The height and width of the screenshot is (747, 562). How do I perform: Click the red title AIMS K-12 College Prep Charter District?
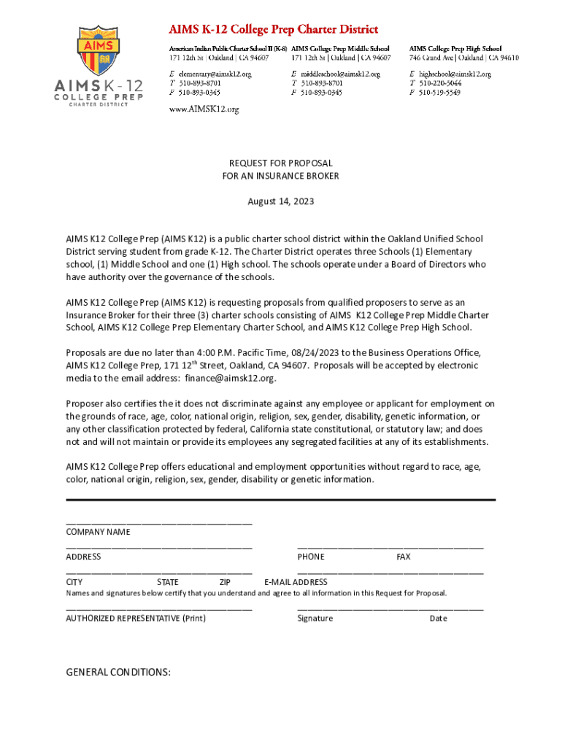[273, 30]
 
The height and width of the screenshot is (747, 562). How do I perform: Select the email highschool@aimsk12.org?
[454, 74]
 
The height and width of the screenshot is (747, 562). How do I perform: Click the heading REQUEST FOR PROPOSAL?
[280, 163]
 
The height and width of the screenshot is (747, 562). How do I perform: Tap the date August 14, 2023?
[280, 201]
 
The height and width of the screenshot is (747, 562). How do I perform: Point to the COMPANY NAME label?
[98, 532]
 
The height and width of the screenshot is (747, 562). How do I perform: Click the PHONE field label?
[311, 557]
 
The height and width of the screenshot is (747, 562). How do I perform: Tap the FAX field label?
[404, 557]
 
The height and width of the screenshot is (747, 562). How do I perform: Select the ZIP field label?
[225, 582]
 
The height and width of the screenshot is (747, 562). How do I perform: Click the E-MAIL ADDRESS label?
[296, 582]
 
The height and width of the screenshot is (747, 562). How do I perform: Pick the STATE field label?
[167, 582]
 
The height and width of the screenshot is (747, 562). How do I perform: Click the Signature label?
[315, 618]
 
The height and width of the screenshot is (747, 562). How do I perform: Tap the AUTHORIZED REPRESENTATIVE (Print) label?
[136, 618]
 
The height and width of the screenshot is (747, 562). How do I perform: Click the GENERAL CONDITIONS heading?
[118, 672]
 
